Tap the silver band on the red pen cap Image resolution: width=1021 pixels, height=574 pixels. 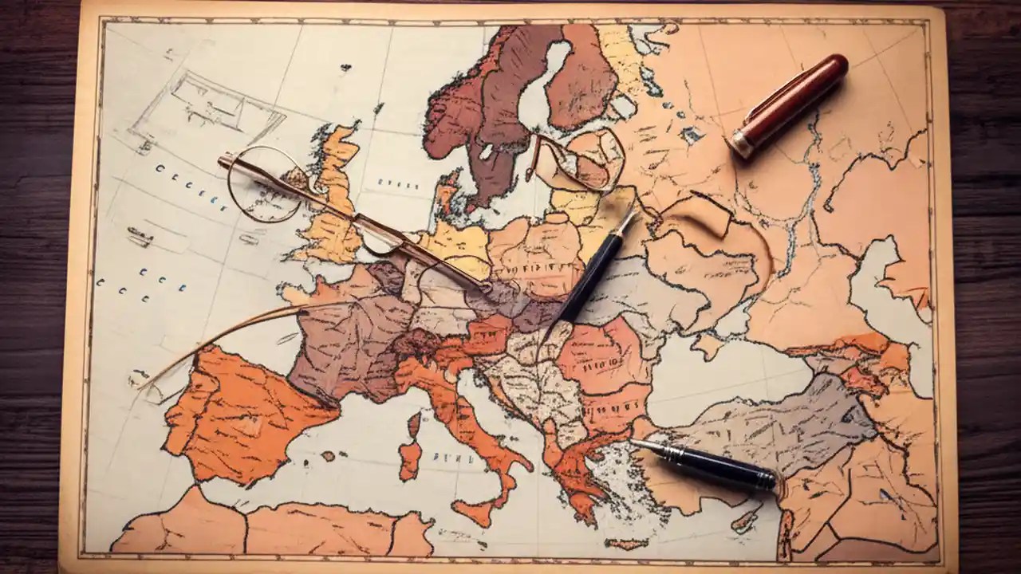point(741,143)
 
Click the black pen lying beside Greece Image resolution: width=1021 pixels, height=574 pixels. point(718,464)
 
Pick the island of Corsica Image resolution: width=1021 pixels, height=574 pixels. point(413,423)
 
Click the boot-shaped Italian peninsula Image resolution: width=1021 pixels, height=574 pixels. point(471,423)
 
